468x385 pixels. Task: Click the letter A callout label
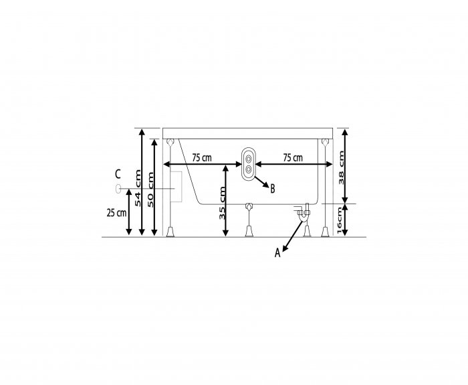pyautogui.click(x=277, y=253)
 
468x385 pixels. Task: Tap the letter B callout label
pyautogui.click(x=272, y=189)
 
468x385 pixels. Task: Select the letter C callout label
pyautogui.click(x=118, y=173)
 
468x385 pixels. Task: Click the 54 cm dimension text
pyautogui.click(x=138, y=187)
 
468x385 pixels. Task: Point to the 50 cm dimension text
pyautogui.click(x=150, y=189)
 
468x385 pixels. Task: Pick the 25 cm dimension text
pyautogui.click(x=116, y=213)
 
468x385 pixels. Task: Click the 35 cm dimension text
pyautogui.click(x=222, y=203)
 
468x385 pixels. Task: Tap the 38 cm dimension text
pyautogui.click(x=341, y=167)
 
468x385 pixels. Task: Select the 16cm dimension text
pyautogui.click(x=339, y=221)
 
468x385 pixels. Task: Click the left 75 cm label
pyautogui.click(x=202, y=157)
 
